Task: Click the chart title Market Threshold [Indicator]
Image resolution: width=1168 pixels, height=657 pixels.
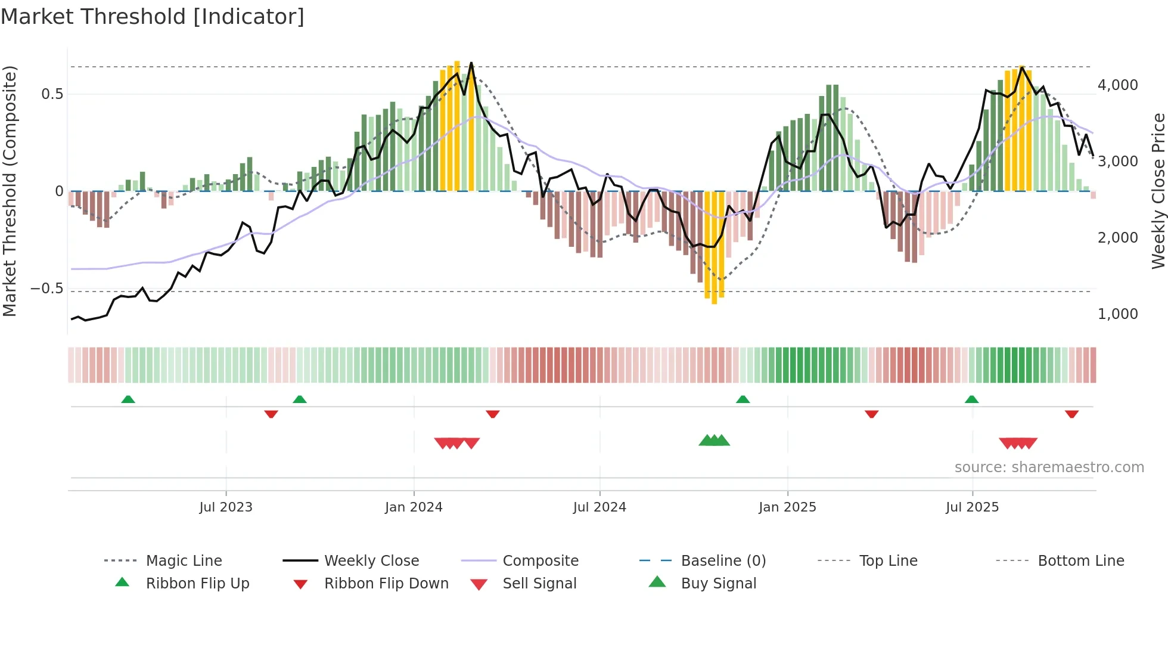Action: (153, 17)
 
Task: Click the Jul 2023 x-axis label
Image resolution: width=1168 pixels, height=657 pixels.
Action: (226, 507)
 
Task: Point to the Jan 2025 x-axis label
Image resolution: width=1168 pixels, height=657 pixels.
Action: (787, 507)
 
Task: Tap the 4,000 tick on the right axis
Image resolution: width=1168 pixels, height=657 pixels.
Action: (1117, 85)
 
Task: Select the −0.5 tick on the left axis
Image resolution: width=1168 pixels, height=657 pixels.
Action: (47, 289)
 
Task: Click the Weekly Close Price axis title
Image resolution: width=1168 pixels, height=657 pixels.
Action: (1158, 191)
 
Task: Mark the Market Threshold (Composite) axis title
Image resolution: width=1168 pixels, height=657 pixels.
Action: (10, 191)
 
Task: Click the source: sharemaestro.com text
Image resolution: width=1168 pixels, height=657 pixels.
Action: (1049, 467)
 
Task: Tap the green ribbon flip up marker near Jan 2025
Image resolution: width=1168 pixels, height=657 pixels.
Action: (743, 399)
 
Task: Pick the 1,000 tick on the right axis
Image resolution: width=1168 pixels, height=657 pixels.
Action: (1117, 314)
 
